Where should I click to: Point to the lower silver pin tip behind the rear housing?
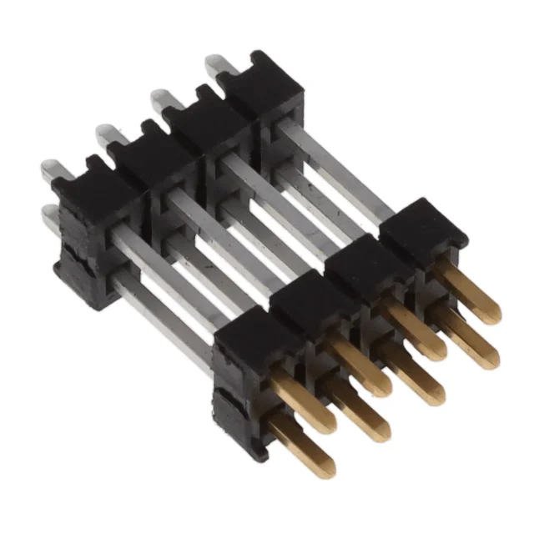point(50,214)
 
